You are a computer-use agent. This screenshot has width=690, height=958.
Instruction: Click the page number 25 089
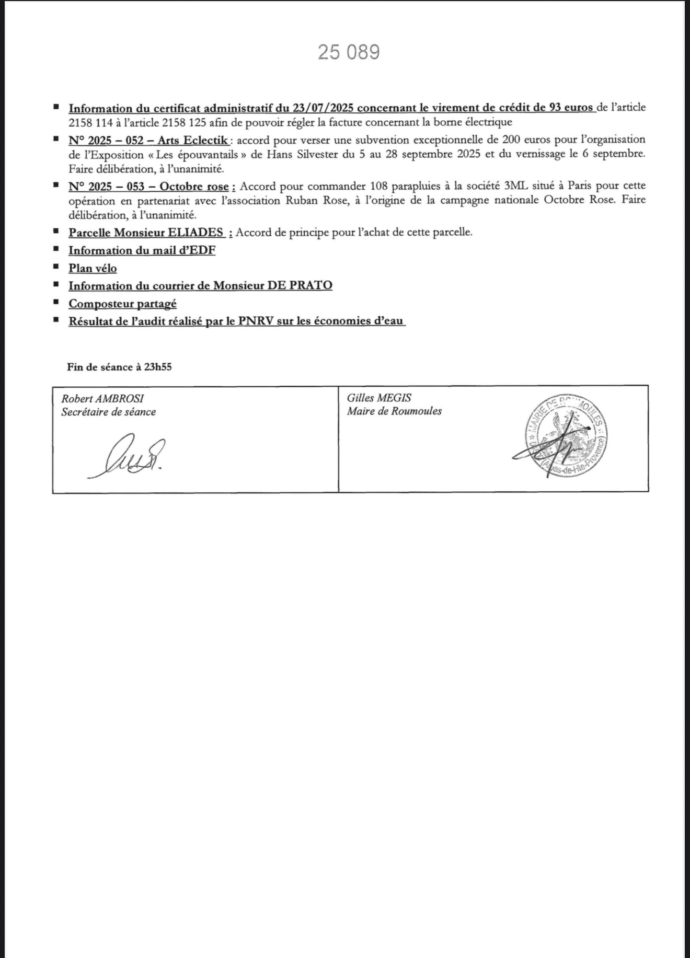click(349, 52)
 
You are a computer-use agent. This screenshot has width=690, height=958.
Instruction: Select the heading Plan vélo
click(93, 268)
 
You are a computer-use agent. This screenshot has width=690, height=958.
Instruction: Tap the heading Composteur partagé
click(122, 304)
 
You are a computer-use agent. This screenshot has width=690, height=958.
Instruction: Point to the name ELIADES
click(195, 233)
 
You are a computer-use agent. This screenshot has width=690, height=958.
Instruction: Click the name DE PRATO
click(300, 285)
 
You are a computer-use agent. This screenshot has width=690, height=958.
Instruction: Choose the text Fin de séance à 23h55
click(119, 367)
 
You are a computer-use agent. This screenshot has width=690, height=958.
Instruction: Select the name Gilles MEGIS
click(379, 398)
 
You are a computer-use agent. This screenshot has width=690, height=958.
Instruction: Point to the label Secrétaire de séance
click(108, 412)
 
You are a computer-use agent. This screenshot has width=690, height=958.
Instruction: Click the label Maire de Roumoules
click(394, 411)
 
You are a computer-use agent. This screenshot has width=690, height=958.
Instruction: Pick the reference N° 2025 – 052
click(106, 141)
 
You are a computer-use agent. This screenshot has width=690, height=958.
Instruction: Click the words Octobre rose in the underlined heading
click(194, 187)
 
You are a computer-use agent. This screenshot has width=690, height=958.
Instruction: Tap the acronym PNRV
click(256, 321)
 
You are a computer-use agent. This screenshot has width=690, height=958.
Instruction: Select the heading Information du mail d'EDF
click(142, 250)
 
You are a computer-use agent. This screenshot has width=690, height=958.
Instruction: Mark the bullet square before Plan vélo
click(56, 267)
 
